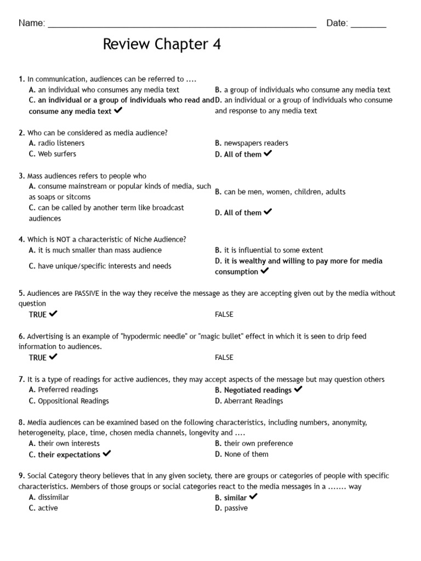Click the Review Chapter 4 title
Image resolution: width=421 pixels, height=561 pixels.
point(162,44)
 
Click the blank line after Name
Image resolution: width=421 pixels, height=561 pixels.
point(182,25)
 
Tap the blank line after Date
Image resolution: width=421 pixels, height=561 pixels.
point(368,25)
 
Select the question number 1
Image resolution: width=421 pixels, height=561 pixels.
point(21,79)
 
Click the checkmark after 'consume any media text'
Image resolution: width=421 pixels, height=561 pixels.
point(118,110)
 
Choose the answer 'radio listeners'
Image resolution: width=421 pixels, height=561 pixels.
point(61,143)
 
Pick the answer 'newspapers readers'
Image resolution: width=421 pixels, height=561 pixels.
point(255,143)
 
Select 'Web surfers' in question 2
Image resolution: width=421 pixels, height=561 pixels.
point(57,154)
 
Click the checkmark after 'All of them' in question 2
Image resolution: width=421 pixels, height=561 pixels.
point(268,153)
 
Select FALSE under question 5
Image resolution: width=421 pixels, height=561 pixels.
point(224,314)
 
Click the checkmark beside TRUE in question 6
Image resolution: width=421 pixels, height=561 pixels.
point(53,357)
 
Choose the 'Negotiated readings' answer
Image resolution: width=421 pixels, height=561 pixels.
point(258,390)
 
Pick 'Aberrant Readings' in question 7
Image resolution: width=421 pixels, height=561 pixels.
point(253,401)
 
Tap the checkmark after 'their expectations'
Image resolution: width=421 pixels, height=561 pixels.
point(107,454)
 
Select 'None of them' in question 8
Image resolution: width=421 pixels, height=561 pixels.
point(246,454)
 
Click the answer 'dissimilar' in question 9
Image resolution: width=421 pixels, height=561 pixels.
point(53,497)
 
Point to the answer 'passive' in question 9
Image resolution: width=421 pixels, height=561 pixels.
point(236,508)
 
